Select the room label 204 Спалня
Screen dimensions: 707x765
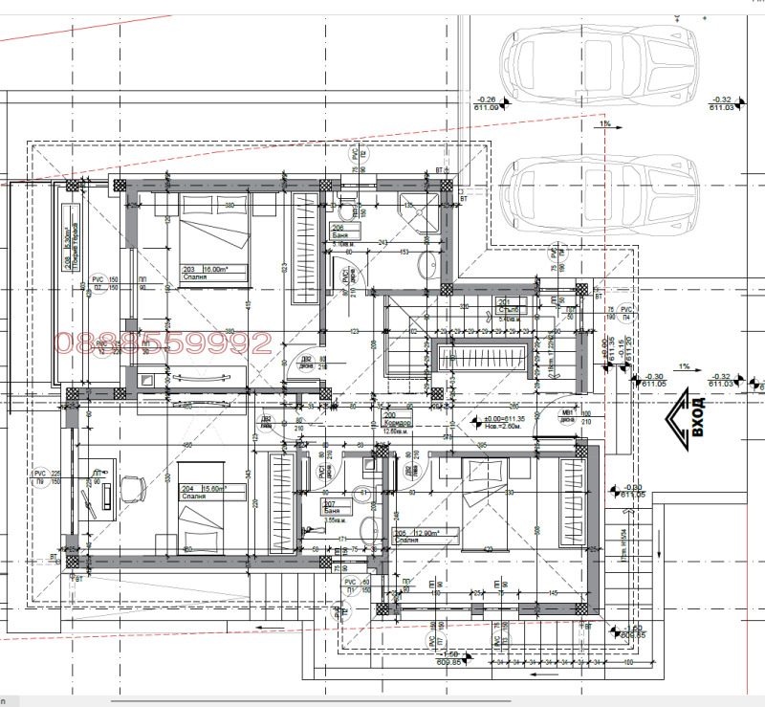tap(206, 492)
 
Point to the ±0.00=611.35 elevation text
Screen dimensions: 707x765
tap(498, 419)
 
